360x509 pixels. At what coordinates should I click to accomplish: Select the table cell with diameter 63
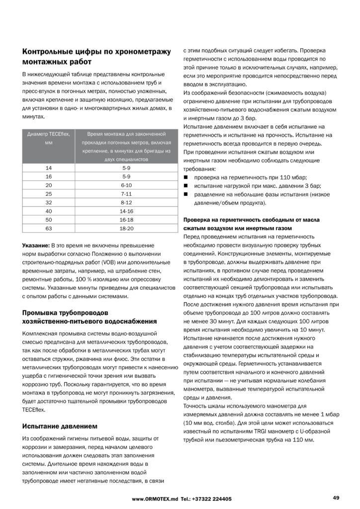(49, 228)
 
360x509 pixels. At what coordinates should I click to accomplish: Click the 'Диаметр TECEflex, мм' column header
(49, 138)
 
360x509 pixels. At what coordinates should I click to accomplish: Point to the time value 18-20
(126, 228)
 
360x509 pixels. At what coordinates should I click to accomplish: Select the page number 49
(336, 498)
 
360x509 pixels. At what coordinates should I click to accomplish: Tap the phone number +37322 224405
(211, 499)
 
